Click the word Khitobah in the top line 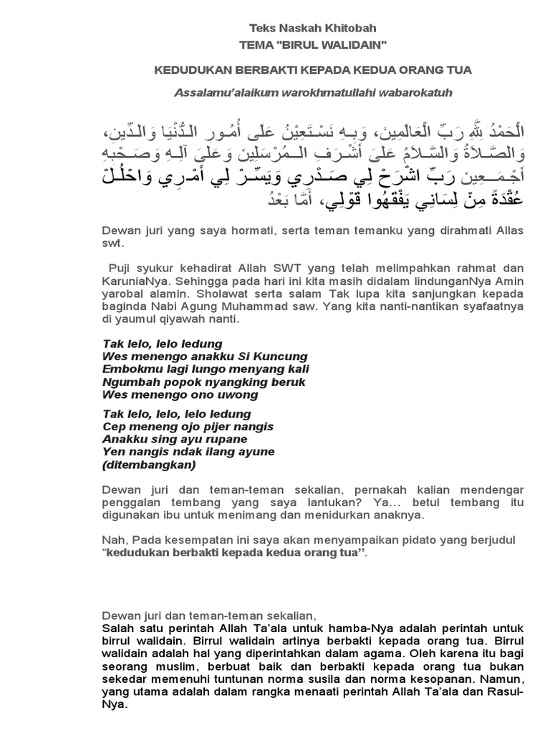pos(351,28)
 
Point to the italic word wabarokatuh pos(421,92)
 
